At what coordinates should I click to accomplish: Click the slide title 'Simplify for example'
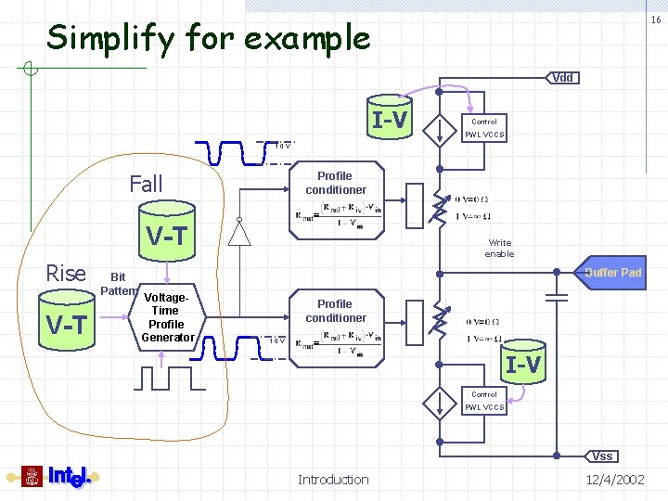209,38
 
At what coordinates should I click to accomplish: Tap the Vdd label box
562,77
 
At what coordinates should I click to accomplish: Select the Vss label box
602,456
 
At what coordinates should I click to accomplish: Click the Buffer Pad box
612,273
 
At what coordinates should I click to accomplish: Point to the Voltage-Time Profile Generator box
166,317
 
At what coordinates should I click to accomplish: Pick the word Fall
146,185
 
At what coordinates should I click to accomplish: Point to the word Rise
66,274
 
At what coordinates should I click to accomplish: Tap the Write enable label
499,249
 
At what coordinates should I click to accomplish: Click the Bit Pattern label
118,284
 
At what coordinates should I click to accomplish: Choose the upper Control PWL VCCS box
484,128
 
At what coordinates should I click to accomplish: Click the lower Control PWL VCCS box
484,401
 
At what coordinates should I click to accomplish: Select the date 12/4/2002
615,480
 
